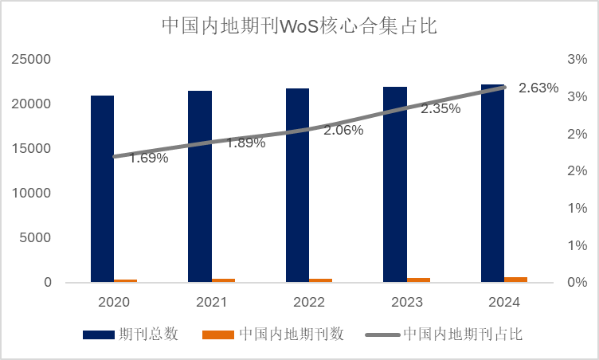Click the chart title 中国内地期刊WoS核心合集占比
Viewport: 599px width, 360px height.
point(299,25)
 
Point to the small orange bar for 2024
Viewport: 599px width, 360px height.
point(515,280)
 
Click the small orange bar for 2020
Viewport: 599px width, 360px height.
point(125,280)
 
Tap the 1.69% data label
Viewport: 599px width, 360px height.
point(149,158)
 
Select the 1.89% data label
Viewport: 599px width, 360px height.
point(246,143)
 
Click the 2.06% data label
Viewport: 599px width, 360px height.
point(343,130)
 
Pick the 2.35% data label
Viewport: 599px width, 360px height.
point(440,109)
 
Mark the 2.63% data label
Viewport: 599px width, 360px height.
point(538,88)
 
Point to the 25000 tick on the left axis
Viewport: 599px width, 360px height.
point(31,60)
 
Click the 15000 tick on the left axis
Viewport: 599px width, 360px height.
point(31,149)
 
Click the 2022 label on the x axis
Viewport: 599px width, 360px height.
point(308,303)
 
